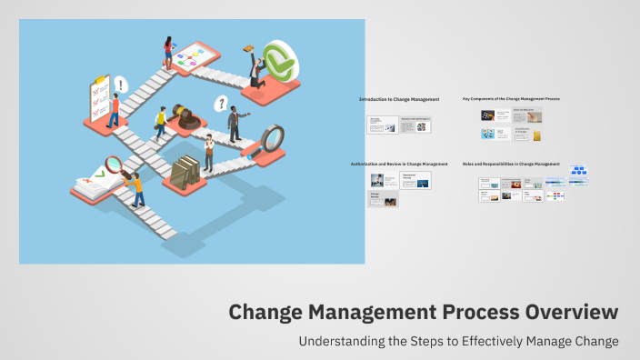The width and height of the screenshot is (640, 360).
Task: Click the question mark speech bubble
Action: tap(220, 103)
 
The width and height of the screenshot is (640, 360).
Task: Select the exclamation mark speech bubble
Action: tap(121, 85)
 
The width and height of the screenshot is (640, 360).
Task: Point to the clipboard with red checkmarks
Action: tap(98, 95)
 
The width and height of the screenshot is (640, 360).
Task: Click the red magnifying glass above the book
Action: tap(115, 165)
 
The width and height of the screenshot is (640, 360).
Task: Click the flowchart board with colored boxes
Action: tap(194, 58)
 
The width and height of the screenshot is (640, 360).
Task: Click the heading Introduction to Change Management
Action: tap(399, 98)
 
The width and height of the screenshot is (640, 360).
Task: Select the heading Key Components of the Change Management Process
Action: tap(510, 98)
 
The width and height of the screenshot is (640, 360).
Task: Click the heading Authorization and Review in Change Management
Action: tap(399, 164)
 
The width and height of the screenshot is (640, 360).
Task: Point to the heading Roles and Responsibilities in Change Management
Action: tap(511, 164)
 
